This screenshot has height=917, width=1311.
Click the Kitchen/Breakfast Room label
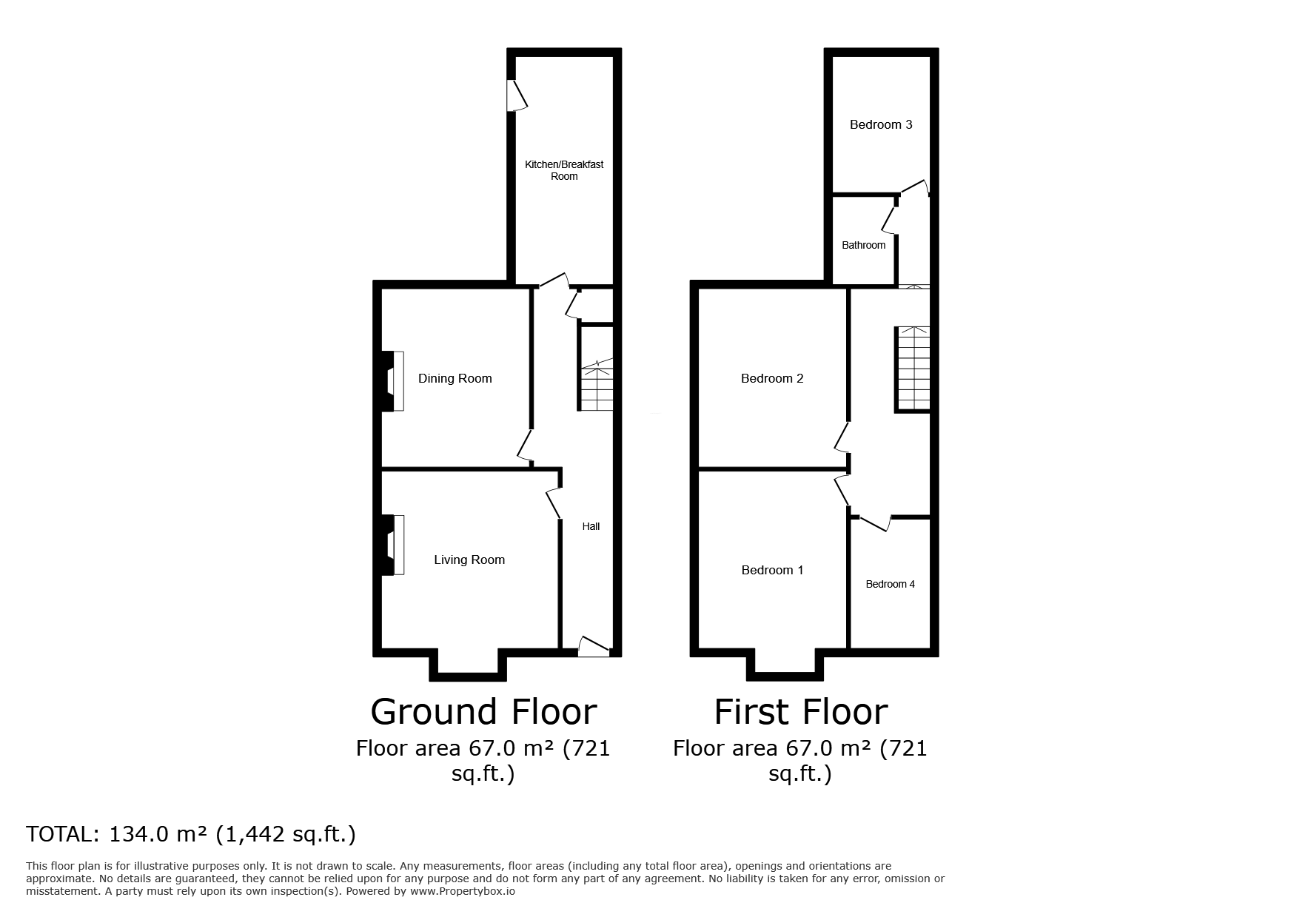coord(564,170)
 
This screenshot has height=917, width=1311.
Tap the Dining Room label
coord(455,378)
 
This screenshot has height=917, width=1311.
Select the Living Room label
coord(469,560)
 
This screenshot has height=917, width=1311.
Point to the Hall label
coord(591,526)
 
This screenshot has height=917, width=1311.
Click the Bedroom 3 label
coord(881,124)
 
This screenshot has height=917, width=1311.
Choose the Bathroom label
coord(863,245)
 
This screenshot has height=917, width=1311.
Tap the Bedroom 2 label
coord(772,378)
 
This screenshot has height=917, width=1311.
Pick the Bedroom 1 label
coord(772,570)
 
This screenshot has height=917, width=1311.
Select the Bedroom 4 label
coord(890,584)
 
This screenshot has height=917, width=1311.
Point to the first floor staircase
coord(912,368)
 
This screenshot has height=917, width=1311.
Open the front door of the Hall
coord(594,646)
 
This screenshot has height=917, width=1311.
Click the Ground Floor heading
coord(483,712)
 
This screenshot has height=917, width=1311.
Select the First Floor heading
coord(801,712)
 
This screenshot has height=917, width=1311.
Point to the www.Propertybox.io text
coord(463,891)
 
